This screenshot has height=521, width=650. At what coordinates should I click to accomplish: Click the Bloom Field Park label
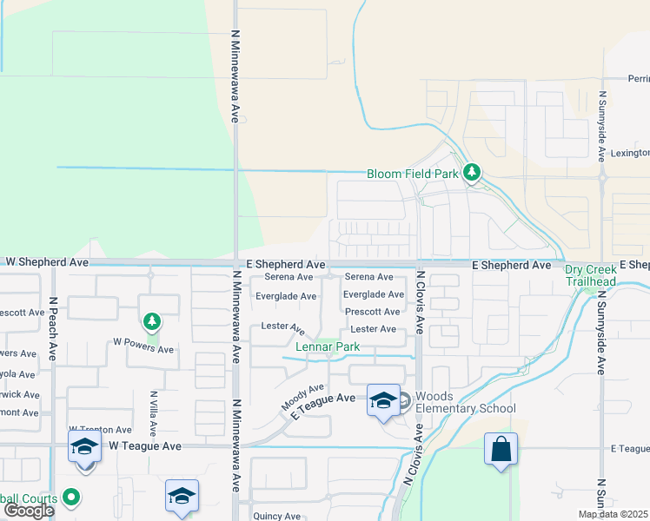tap(412, 174)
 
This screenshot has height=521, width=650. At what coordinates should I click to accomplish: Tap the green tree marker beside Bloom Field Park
tap(472, 173)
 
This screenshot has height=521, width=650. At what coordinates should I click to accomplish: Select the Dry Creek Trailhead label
tap(590, 275)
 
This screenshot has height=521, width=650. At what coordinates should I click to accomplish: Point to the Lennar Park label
tap(327, 347)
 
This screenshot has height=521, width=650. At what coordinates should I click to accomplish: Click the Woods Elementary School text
tap(465, 402)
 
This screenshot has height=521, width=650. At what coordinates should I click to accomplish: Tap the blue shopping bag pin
tap(501, 450)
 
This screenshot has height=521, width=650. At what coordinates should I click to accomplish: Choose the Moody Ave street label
tap(302, 398)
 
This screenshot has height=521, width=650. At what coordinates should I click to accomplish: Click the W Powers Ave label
tap(143, 350)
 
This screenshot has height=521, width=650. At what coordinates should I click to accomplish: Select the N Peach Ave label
tap(53, 329)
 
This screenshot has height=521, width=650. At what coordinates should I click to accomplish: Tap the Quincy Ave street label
tap(276, 516)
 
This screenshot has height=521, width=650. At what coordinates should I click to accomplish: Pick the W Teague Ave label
tap(145, 445)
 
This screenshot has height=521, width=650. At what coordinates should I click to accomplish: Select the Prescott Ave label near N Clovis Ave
tap(373, 312)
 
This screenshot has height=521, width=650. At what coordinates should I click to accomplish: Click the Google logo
tap(28, 511)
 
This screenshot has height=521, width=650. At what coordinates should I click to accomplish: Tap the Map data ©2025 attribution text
tap(613, 514)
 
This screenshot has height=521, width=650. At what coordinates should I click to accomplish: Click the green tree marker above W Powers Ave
tap(152, 323)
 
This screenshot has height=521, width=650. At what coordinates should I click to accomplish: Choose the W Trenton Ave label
tap(100, 430)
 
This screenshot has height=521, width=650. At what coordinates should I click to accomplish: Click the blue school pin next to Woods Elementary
tap(382, 400)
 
